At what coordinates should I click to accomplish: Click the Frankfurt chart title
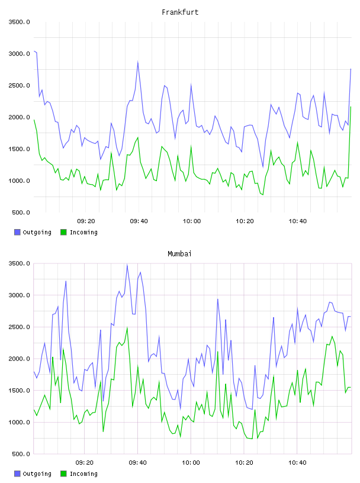[180, 12]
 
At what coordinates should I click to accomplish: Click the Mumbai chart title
[179, 254]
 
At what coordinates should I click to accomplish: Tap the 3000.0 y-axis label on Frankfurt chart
[19, 54]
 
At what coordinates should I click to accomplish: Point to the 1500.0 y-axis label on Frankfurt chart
[19, 149]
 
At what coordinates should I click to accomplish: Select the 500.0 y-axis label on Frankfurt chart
[21, 212]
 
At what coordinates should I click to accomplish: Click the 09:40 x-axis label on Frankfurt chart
[139, 221]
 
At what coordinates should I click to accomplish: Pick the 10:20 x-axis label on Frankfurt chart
[245, 221]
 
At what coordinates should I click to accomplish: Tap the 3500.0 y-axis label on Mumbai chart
[19, 263]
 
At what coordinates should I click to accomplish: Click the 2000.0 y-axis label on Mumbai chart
[19, 359]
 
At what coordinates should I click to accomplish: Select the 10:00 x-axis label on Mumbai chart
[191, 463]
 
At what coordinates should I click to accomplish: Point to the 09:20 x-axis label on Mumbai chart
[85, 463]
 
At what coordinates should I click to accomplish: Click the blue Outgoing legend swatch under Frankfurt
[17, 232]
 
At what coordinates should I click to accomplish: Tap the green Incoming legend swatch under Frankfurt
[63, 232]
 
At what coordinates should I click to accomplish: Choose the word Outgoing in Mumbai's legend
[37, 474]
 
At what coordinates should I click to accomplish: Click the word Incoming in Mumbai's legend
[83, 474]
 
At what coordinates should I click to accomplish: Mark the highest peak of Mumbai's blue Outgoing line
[127, 265]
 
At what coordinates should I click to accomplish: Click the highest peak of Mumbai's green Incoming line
[127, 328]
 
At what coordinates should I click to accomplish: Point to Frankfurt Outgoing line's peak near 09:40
[138, 62]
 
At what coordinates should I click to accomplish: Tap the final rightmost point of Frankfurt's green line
[351, 107]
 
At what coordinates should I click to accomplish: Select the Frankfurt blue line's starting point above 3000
[34, 51]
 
